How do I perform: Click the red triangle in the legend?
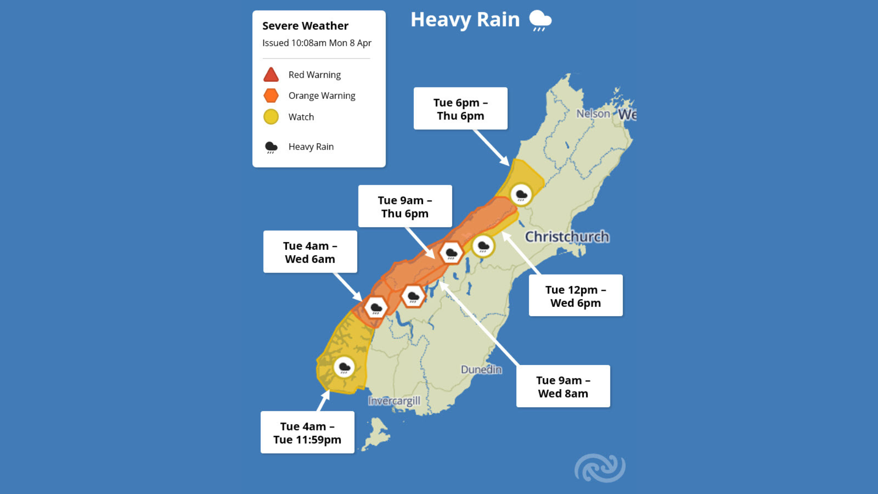tap(271, 75)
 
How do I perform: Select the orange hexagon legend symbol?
tap(271, 96)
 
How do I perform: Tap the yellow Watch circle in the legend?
tap(271, 117)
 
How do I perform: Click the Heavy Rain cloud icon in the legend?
tap(271, 147)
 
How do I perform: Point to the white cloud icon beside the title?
tap(540, 21)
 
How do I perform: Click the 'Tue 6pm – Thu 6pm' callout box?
tap(460, 109)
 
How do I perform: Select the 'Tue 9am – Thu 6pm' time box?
tap(405, 206)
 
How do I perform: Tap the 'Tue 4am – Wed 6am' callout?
tap(310, 252)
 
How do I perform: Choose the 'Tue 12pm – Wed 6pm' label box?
tap(576, 296)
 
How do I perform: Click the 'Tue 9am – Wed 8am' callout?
tap(563, 387)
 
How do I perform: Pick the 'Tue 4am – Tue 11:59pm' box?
tap(307, 433)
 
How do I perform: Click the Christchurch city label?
tap(567, 236)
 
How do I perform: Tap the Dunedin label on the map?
tap(481, 369)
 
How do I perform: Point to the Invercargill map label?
tap(394, 401)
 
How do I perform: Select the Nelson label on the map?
tap(593, 113)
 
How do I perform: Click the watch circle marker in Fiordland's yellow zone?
tap(344, 367)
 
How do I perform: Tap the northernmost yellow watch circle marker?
tap(521, 195)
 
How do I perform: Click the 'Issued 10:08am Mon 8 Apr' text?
tap(316, 43)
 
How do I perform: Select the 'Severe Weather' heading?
tap(305, 26)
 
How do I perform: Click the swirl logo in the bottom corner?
tap(600, 468)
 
